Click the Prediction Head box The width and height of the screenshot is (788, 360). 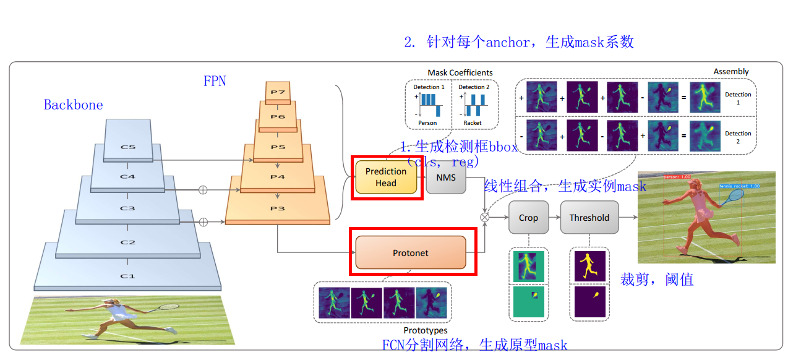(x=386, y=177)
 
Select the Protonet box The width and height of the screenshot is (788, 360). (x=411, y=252)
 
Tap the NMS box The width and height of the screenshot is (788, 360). (x=445, y=177)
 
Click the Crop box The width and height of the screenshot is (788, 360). (x=528, y=217)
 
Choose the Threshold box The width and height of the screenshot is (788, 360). (x=589, y=217)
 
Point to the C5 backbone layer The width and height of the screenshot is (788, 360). (x=127, y=147)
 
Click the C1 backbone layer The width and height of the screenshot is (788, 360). (x=127, y=275)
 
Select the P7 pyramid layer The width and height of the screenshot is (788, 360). (x=277, y=92)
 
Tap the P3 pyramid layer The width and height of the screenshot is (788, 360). (x=277, y=208)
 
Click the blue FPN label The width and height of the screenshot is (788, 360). (x=215, y=81)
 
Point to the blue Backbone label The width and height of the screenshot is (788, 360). (x=73, y=105)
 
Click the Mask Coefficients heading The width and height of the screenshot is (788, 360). (x=460, y=73)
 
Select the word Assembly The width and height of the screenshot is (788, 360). (x=731, y=72)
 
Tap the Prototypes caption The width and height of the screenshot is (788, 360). (x=425, y=331)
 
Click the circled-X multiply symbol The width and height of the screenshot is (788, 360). (x=485, y=217)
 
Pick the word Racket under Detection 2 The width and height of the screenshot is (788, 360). (x=473, y=123)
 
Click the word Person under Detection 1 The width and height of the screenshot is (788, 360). (x=427, y=123)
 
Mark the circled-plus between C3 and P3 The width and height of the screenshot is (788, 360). (x=202, y=221)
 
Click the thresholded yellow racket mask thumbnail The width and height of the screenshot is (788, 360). (x=590, y=301)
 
